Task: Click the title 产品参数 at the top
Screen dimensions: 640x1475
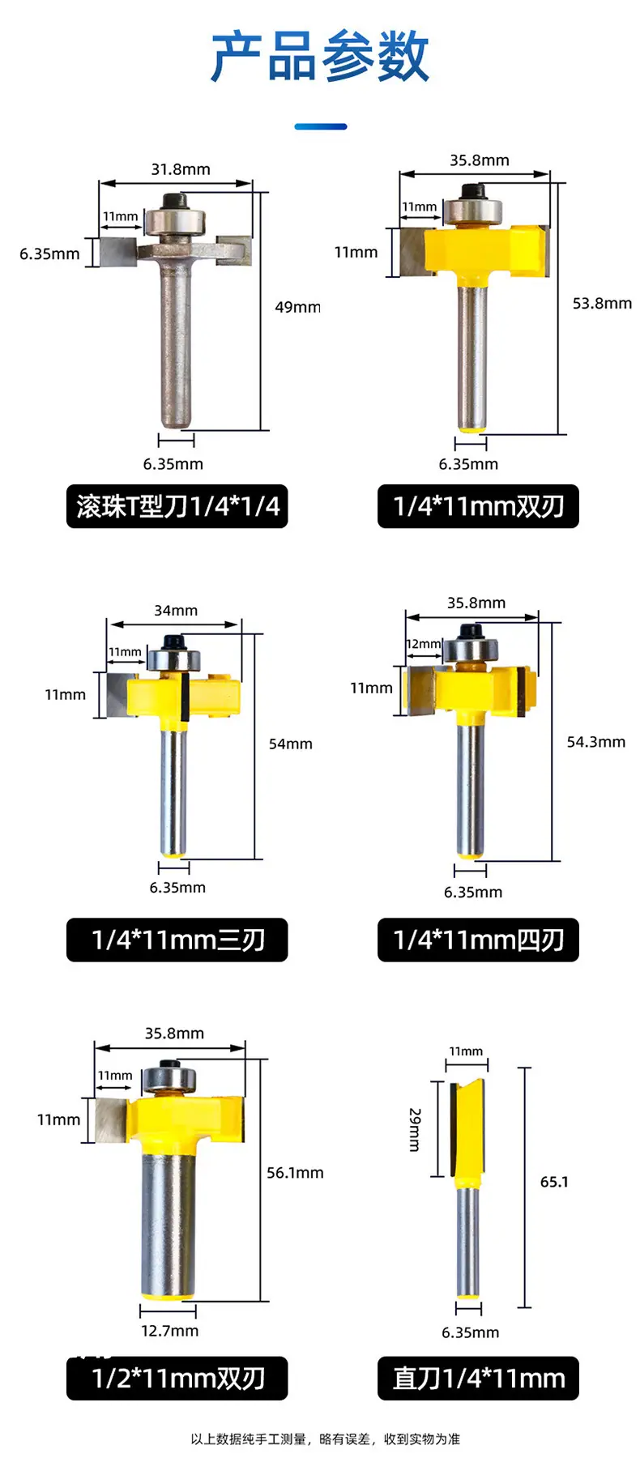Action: click(320, 57)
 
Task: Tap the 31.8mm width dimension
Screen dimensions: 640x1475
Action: click(180, 169)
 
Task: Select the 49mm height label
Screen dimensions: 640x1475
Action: click(297, 307)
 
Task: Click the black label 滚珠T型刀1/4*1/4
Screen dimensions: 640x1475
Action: click(177, 506)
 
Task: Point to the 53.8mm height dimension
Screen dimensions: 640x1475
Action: click(602, 303)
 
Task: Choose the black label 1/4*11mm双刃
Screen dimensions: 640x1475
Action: click(478, 506)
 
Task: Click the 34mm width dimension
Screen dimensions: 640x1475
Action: click(176, 611)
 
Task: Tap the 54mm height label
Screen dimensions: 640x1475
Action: click(291, 744)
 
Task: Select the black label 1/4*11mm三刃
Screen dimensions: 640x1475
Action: click(177, 940)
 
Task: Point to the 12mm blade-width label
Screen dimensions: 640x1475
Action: click(424, 644)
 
